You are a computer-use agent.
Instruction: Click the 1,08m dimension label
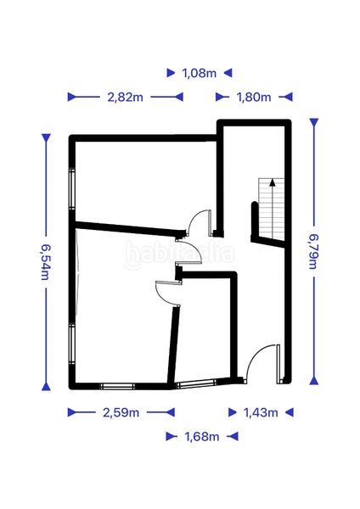click(200, 73)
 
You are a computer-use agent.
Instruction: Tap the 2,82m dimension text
click(125, 97)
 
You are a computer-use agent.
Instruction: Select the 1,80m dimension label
click(254, 97)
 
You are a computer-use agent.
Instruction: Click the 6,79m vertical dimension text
click(313, 252)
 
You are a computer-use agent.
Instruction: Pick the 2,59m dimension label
click(121, 412)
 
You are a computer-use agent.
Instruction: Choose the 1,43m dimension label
click(261, 412)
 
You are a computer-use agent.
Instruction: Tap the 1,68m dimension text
click(202, 437)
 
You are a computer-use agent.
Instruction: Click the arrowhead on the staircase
click(273, 182)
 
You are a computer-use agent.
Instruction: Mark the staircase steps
click(272, 209)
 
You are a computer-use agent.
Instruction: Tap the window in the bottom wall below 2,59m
click(117, 386)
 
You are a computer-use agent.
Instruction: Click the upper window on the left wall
click(72, 188)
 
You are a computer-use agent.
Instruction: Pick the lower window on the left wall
click(72, 344)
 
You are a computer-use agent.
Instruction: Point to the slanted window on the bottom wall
click(195, 383)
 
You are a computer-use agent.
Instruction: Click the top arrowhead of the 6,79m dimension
click(314, 123)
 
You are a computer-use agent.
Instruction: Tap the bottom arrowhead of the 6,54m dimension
click(46, 386)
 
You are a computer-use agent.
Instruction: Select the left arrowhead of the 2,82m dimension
click(72, 97)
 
